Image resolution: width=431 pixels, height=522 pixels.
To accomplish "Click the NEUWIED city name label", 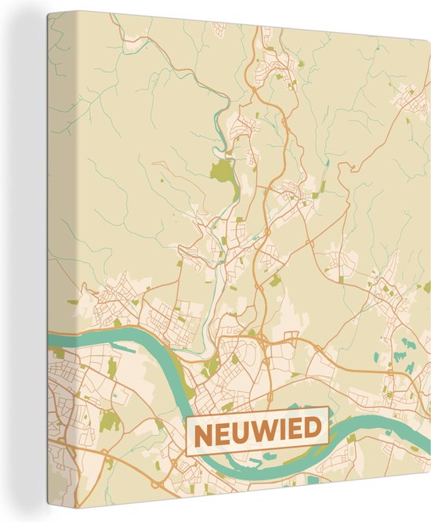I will pos(255,430).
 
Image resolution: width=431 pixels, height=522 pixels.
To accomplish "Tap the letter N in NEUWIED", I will pos(203,431).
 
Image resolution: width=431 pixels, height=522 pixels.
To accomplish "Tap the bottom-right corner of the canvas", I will pos(428,519).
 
